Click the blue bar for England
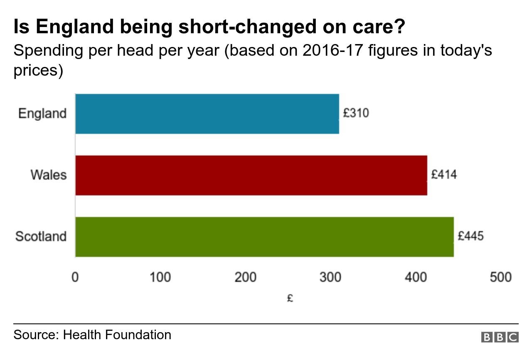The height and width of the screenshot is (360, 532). click(x=207, y=114)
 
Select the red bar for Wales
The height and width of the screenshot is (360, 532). click(x=251, y=175)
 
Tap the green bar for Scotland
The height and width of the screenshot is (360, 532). click(x=264, y=237)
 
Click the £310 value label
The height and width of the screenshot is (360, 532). click(x=356, y=113)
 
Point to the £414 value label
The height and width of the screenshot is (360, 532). click(x=444, y=175)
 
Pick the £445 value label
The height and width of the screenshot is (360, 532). click(x=470, y=236)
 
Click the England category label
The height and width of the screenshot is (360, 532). click(x=42, y=113)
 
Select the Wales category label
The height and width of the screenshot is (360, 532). click(x=48, y=175)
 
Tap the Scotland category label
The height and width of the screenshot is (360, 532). click(x=41, y=237)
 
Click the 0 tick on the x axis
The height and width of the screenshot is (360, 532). click(x=75, y=277)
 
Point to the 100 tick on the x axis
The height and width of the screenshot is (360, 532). click(x=160, y=277)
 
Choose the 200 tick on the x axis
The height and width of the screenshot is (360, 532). click(x=245, y=277)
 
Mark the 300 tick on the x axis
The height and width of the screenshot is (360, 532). click(x=330, y=277)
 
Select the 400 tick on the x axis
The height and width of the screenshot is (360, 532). click(x=416, y=277)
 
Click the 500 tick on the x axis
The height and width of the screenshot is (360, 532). click(x=500, y=277)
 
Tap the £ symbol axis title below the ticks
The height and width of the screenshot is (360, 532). click(x=290, y=298)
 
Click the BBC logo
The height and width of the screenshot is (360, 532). click(x=500, y=337)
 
